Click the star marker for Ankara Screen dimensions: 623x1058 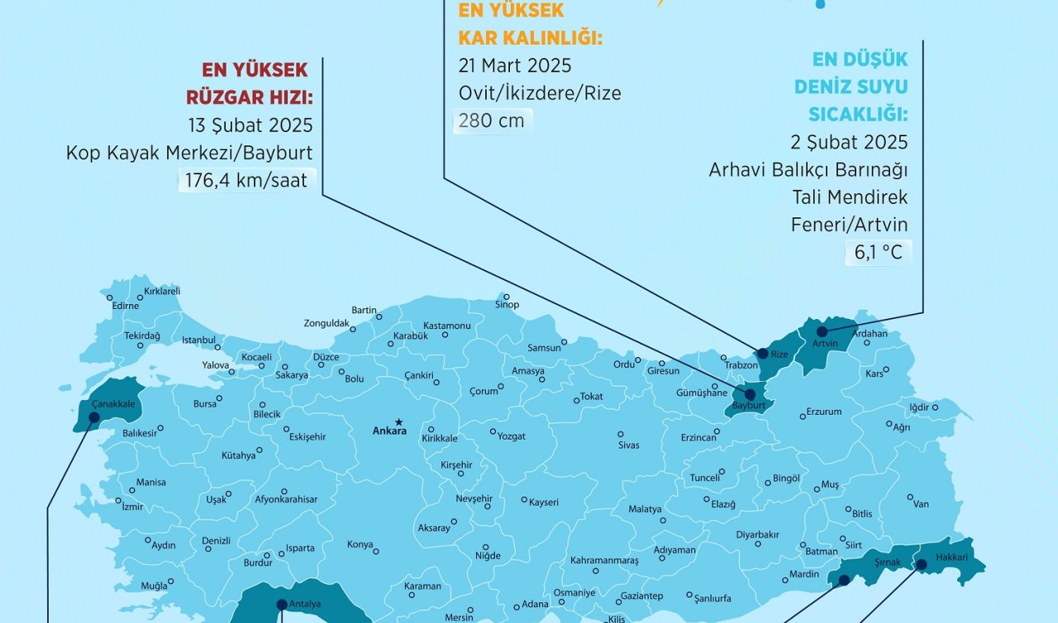[x=398, y=421]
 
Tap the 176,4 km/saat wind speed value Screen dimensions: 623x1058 [x=245, y=180]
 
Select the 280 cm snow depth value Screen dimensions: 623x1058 [x=491, y=121]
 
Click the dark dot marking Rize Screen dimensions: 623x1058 [x=762, y=353]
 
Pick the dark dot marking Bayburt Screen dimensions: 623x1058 [x=750, y=395]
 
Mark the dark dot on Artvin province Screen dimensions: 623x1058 [x=822, y=331]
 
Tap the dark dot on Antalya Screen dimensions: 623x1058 [x=282, y=604]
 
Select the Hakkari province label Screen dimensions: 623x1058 [x=951, y=557]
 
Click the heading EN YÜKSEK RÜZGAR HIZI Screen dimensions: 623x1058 [x=249, y=83]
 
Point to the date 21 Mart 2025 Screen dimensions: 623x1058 [x=514, y=65]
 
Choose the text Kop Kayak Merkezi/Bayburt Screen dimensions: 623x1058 [x=189, y=153]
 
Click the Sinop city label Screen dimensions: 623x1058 [x=507, y=305]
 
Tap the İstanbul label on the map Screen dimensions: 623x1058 [x=198, y=340]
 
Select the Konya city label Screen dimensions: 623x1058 [x=360, y=545]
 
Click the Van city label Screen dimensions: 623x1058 [x=921, y=504]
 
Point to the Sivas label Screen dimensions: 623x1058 [x=628, y=445]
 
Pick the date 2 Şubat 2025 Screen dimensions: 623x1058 [x=849, y=142]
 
